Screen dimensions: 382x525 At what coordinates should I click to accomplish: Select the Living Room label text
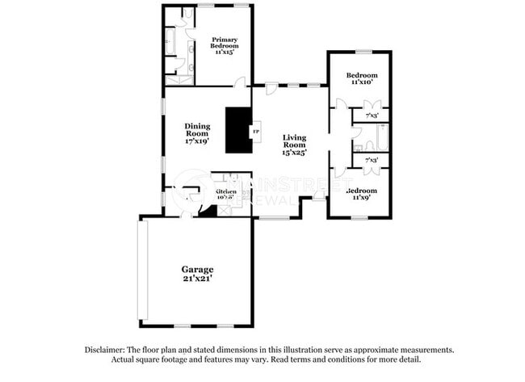click(x=294, y=144)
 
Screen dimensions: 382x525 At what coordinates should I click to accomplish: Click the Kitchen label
click(x=225, y=193)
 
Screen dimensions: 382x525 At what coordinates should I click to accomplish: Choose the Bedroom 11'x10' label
click(x=360, y=78)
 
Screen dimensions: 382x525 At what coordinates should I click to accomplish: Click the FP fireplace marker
click(x=257, y=131)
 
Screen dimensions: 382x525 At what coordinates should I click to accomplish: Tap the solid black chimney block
click(x=238, y=129)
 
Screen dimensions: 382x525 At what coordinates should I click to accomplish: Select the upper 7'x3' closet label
click(x=372, y=115)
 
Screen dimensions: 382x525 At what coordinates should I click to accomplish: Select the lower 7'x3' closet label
click(x=372, y=161)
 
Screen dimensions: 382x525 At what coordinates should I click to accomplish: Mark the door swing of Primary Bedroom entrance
click(x=239, y=82)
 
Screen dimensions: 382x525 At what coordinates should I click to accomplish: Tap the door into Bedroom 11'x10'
click(x=341, y=103)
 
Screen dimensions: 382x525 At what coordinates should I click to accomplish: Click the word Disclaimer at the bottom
click(x=108, y=350)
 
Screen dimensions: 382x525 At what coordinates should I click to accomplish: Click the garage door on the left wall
click(x=140, y=270)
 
